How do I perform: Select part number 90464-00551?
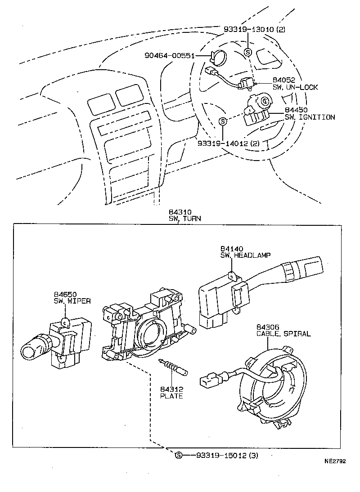tap(169, 56)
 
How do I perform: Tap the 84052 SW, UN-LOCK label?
tap(295, 84)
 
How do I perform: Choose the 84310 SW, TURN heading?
tap(184, 215)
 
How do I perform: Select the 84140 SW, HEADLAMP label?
tap(245, 252)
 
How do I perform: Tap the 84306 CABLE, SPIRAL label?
tap(283, 331)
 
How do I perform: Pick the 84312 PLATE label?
tap(171, 393)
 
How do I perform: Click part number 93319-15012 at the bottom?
tap(227, 455)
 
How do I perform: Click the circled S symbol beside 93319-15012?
tap(179, 455)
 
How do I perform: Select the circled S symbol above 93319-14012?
tap(222, 121)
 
